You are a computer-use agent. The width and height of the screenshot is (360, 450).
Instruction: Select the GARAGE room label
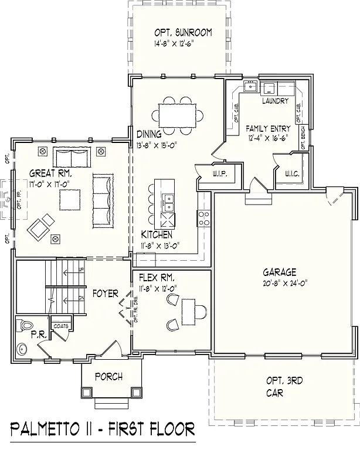click(279, 272)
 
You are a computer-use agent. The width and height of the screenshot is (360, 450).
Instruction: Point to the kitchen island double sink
click(168, 203)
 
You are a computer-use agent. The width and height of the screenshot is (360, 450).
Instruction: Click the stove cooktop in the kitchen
click(204, 219)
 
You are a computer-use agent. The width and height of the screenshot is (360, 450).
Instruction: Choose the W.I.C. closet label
click(293, 173)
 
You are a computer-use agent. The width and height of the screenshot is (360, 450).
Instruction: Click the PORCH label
click(108, 377)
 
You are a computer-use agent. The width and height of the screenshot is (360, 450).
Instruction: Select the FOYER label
click(105, 293)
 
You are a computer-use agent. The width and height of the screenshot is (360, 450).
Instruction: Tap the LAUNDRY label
click(275, 101)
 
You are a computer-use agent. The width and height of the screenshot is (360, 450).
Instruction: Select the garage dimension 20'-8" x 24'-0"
click(280, 284)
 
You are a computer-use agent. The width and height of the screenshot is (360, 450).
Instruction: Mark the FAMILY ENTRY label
click(268, 128)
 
